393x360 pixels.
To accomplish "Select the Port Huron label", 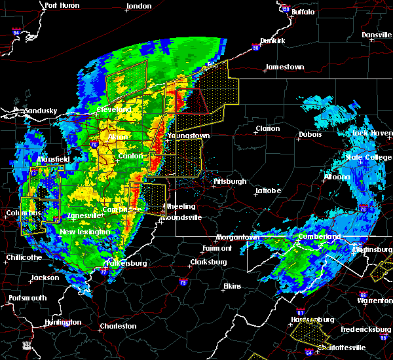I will (x=62, y=5).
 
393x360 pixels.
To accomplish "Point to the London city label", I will (x=139, y=6).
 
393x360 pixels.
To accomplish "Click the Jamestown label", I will (x=285, y=67).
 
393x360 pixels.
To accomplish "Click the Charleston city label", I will (x=119, y=326).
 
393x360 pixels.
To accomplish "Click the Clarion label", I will (x=267, y=128).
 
